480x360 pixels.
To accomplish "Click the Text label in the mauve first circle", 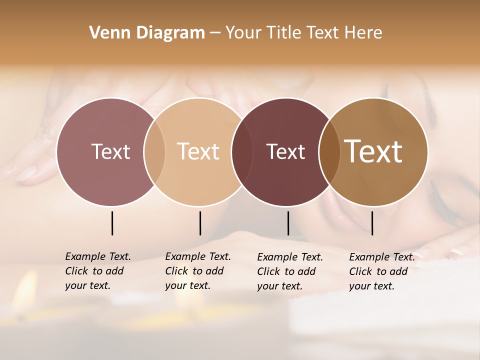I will tap(110, 151).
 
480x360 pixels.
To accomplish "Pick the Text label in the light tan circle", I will tap(198, 151).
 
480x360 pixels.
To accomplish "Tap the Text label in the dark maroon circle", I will tap(285, 151).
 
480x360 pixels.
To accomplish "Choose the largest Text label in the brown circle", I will tap(373, 151).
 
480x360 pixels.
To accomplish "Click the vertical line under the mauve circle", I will tap(112, 223).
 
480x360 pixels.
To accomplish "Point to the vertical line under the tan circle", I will tap(200, 223).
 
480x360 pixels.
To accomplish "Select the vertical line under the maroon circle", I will tap(288, 223).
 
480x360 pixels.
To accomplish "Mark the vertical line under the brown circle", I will tap(372, 223).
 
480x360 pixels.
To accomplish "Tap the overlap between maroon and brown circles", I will tap(328, 151).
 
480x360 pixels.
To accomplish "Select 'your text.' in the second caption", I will tap(187, 285).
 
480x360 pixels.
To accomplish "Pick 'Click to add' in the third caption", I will tap(286, 271).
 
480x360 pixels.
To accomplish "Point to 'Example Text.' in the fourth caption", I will tap(382, 257).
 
